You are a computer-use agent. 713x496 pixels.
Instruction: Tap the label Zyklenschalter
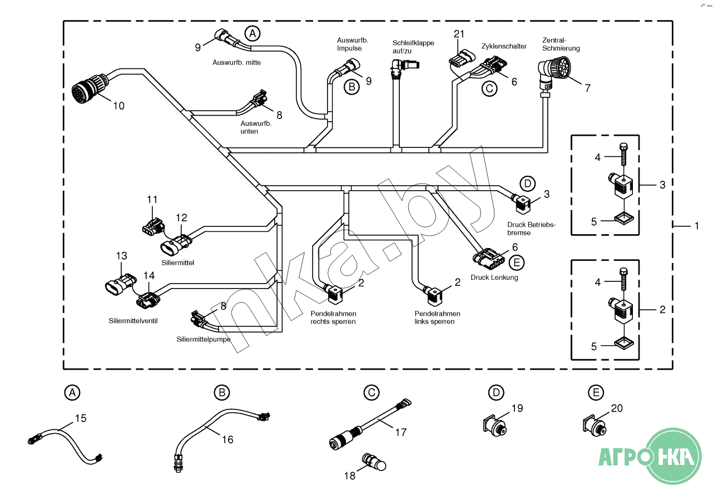503,46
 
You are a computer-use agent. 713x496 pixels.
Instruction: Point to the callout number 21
459,34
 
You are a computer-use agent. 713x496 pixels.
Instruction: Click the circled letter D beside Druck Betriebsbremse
527,183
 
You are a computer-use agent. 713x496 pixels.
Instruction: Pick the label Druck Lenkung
494,277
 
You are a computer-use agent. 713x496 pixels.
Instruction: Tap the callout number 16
227,439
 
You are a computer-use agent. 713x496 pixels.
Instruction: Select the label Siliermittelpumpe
204,339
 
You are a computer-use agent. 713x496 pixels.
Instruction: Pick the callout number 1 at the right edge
696,226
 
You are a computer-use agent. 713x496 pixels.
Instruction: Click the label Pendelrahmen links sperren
437,318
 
